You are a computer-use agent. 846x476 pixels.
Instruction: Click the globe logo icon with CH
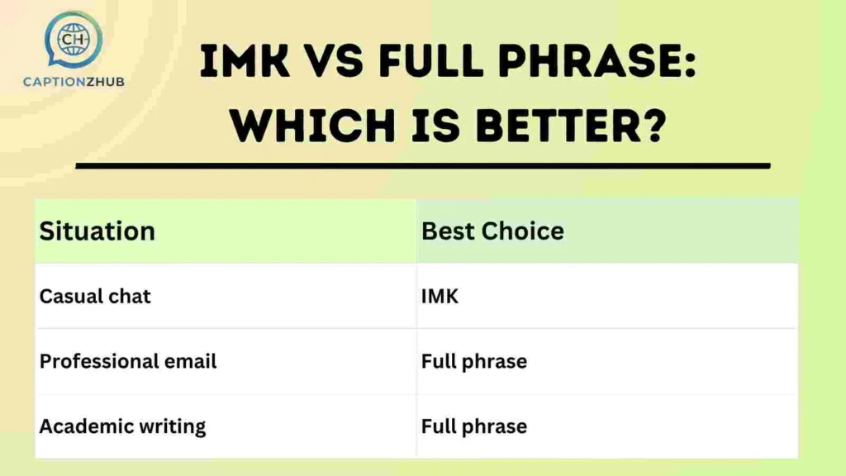[x=74, y=40]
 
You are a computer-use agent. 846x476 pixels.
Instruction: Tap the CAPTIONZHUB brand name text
[x=74, y=82]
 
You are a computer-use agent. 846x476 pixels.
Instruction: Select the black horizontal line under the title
[x=422, y=166]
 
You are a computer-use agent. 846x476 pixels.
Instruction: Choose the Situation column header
[x=97, y=231]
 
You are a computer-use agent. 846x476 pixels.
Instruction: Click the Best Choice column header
[x=492, y=231]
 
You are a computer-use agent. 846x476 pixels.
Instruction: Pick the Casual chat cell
[x=95, y=296]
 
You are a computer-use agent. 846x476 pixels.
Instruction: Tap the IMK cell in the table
[x=440, y=296]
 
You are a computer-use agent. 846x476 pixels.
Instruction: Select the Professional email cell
[x=128, y=361]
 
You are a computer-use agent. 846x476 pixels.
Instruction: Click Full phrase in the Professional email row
[x=473, y=361]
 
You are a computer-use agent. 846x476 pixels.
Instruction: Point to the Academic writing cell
[x=122, y=426]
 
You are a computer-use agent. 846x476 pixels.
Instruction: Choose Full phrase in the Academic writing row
[x=473, y=426]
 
